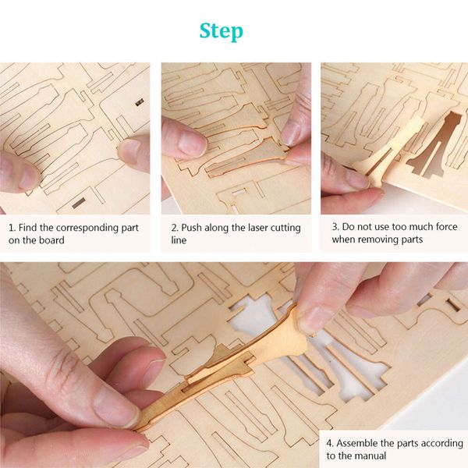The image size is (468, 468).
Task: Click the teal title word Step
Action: point(221,31)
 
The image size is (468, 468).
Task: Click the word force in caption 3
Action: point(439,228)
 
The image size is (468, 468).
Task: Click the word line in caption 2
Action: point(179,240)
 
